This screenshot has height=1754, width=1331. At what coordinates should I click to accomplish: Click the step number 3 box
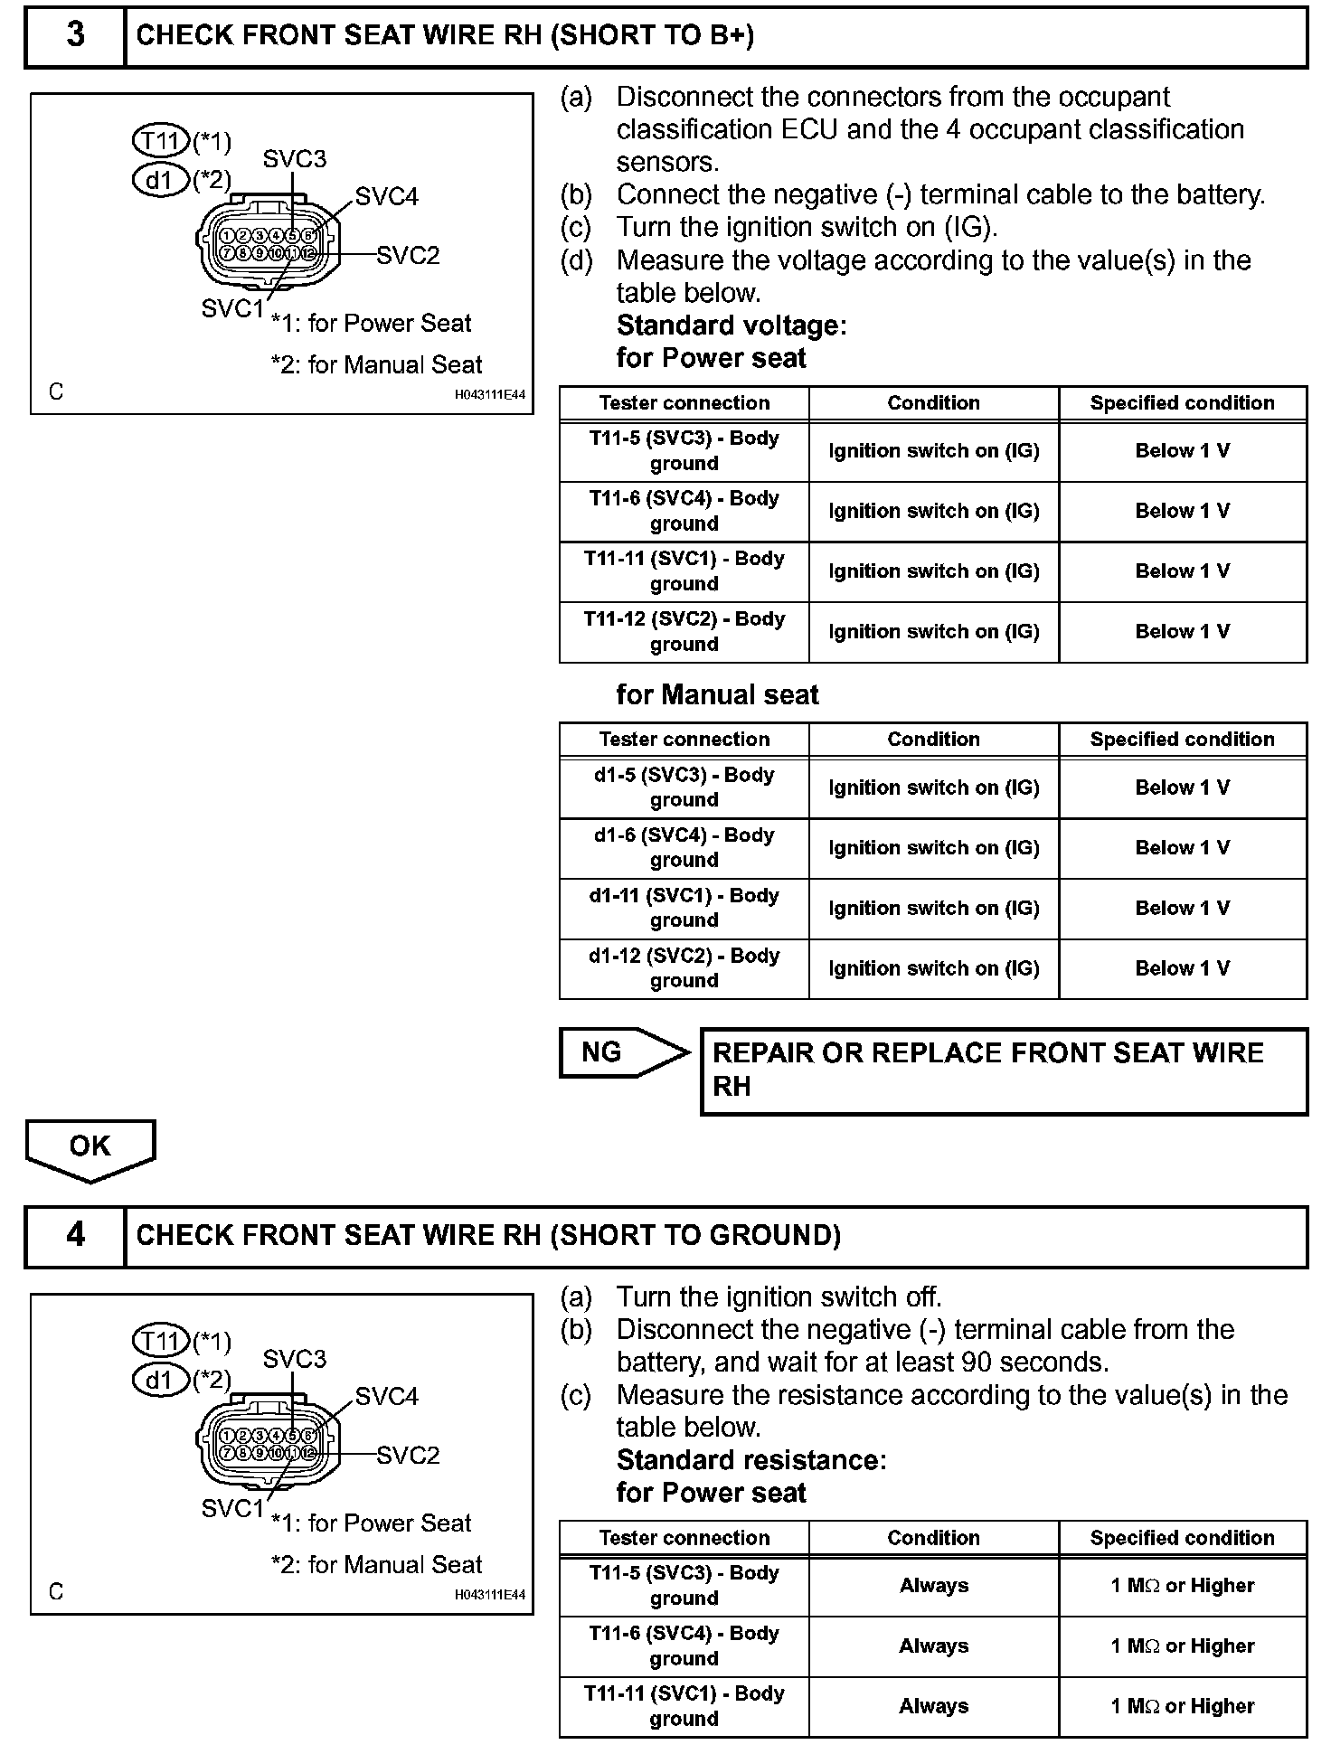coord(75,35)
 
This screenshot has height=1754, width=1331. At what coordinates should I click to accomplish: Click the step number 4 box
coord(75,1235)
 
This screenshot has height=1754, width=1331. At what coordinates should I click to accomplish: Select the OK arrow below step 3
coord(90,1148)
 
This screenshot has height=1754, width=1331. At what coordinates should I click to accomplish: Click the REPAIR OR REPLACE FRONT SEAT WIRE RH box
coord(1004,1070)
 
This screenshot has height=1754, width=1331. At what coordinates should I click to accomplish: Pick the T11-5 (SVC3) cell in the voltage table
coord(684,450)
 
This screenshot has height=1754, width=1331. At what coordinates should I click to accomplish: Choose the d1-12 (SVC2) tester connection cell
coord(684,968)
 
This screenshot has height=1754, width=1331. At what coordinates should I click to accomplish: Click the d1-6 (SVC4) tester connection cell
coord(684,848)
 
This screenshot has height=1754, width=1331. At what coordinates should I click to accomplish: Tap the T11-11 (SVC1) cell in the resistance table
coord(684,1706)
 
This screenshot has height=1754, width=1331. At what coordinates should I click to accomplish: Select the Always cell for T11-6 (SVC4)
coord(933,1646)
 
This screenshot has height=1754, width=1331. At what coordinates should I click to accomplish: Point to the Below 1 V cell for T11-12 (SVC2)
coord(1182,632)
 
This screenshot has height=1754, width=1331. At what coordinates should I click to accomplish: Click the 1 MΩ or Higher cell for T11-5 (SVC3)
coord(1182,1586)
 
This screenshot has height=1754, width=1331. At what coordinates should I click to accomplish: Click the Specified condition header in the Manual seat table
coord(1182,740)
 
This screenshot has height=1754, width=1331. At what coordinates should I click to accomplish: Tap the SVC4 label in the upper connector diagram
coord(386,197)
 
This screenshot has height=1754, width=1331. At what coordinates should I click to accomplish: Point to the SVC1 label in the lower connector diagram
coord(231,1508)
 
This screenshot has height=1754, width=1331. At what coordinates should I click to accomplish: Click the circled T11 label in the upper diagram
coord(161,141)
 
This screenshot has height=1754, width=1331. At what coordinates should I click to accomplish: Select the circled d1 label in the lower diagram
coord(161,1381)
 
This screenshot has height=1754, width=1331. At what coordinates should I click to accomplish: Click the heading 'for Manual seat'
coord(717,694)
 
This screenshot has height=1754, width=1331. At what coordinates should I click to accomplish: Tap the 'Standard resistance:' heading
coord(750,1460)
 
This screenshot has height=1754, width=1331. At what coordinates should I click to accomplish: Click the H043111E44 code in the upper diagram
coord(489,395)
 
